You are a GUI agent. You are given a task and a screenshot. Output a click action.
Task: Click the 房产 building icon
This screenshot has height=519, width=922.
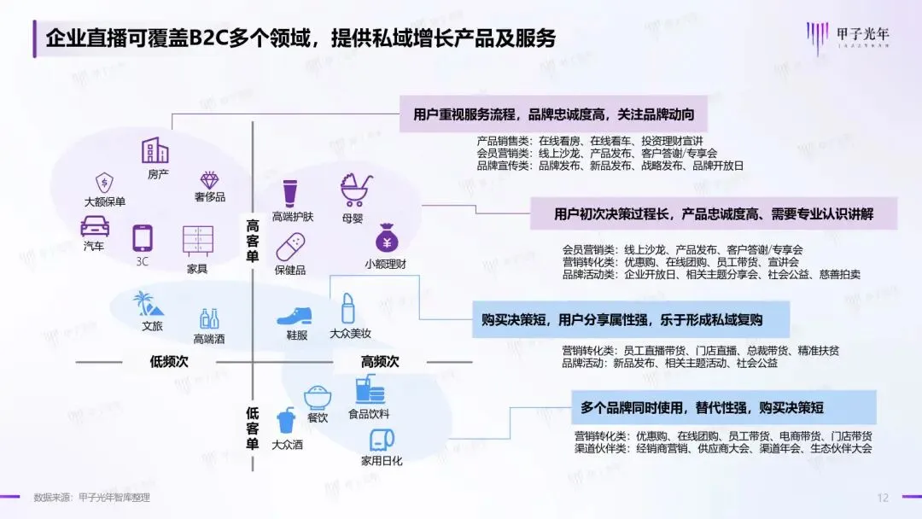pyautogui.click(x=155, y=151)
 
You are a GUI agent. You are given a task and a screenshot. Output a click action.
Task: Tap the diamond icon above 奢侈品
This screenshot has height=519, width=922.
pyautogui.click(x=209, y=180)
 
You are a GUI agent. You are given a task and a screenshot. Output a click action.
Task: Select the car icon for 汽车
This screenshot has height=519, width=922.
pyautogui.click(x=95, y=227)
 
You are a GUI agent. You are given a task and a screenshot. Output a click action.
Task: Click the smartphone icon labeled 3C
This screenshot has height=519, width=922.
pyautogui.click(x=142, y=238)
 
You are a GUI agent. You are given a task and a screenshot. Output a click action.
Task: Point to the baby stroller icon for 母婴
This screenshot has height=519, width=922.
pyautogui.click(x=353, y=190)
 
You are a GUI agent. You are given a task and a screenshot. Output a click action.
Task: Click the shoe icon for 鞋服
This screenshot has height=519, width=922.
pyautogui.click(x=295, y=314)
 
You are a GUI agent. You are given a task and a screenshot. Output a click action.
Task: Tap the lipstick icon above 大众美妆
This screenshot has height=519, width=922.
pyautogui.click(x=348, y=307)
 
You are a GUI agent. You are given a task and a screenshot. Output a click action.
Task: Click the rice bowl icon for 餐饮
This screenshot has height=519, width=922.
pyautogui.click(x=318, y=397)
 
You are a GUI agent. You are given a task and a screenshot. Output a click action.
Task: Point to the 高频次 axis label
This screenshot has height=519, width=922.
pyautogui.click(x=380, y=362)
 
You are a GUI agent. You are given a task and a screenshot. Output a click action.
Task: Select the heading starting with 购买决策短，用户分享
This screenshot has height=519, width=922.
pyautogui.click(x=621, y=321)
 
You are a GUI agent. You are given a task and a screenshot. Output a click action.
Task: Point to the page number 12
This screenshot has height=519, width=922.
pyautogui.click(x=883, y=498)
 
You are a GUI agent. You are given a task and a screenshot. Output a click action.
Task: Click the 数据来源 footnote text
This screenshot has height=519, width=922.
pyautogui.click(x=91, y=498)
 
